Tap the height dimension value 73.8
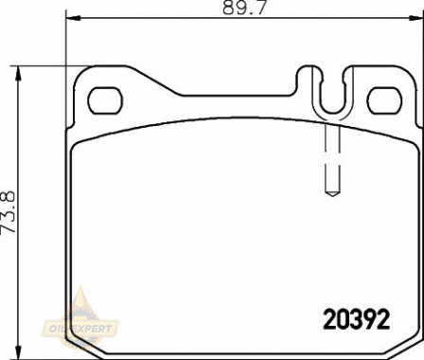pyautogui.click(x=8, y=212)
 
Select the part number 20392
pyautogui.click(x=357, y=319)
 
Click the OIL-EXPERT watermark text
pyautogui.click(x=80, y=329)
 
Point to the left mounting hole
pyautogui.click(x=105, y=100)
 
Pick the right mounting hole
pyautogui.click(x=384, y=100)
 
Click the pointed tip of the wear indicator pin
pyautogui.click(x=332, y=196)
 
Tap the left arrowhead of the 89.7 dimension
pyautogui.click(x=74, y=18)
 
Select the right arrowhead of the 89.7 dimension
pyautogui.click(x=416, y=18)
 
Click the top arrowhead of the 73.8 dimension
pyautogui.click(x=19, y=74)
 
